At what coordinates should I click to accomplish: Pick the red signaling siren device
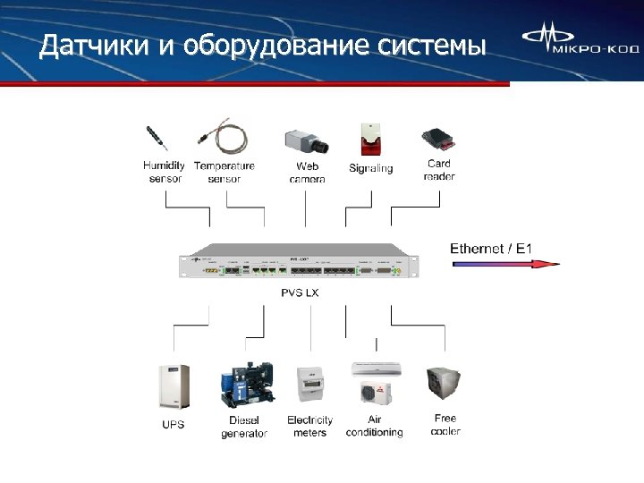pyautogui.click(x=369, y=141)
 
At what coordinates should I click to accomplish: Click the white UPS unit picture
pyautogui.click(x=174, y=386)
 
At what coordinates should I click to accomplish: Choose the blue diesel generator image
pyautogui.click(x=244, y=386)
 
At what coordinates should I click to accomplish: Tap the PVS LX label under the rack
pyautogui.click(x=301, y=292)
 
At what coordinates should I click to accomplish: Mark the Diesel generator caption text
pyautogui.click(x=244, y=427)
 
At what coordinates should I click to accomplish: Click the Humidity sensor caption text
pyautogui.click(x=165, y=172)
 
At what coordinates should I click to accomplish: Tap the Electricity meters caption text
pyautogui.click(x=309, y=427)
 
